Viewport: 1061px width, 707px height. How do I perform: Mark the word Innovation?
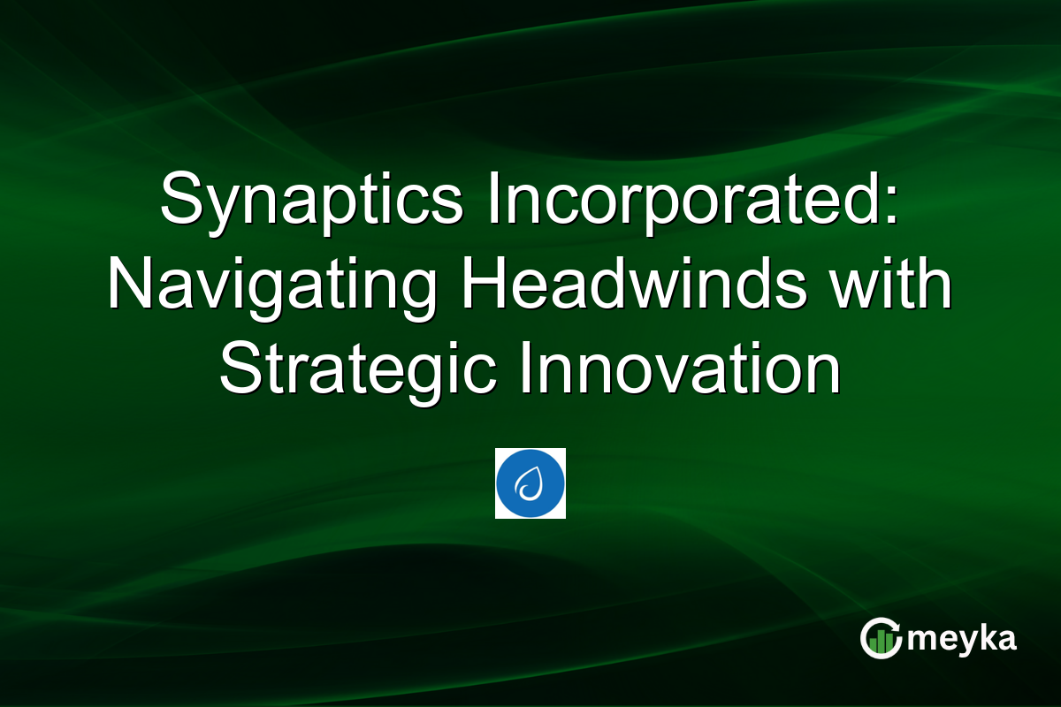click(x=680, y=372)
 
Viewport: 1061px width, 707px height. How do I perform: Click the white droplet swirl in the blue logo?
click(x=530, y=483)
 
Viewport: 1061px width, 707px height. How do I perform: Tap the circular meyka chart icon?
click(x=882, y=638)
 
